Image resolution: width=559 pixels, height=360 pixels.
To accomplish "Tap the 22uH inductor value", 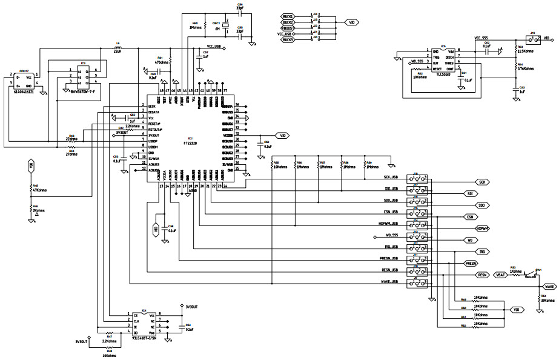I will point(118,51).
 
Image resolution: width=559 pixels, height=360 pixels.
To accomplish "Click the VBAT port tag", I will point(500,275).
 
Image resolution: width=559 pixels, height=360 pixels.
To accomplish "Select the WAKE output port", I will point(547,286).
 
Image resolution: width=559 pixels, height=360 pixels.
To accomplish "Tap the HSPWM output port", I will point(482,228).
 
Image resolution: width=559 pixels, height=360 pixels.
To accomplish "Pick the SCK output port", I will point(482,182).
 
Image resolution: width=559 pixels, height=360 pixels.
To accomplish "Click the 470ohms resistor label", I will point(162,62).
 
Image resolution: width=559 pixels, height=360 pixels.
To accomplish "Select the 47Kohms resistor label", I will point(39,190).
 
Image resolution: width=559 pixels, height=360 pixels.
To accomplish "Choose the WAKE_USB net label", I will point(389,281).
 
